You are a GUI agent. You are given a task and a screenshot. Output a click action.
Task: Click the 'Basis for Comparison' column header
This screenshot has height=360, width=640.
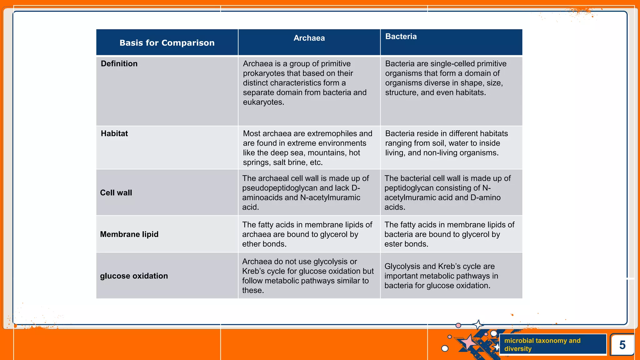(x=167, y=43)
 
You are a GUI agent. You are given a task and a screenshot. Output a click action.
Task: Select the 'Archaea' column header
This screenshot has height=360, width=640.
(x=309, y=38)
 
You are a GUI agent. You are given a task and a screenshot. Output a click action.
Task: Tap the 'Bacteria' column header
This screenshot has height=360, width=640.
(x=401, y=37)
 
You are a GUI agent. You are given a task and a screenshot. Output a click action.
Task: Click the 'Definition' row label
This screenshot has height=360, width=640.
(x=119, y=64)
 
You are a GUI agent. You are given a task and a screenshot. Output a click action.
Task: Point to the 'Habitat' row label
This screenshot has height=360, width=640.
(x=114, y=134)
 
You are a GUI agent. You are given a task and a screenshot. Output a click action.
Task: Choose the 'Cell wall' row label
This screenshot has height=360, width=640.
(x=116, y=193)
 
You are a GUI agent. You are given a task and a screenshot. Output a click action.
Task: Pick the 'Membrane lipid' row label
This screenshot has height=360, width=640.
(x=129, y=234)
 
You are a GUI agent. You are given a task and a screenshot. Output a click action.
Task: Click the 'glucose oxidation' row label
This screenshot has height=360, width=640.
(x=134, y=276)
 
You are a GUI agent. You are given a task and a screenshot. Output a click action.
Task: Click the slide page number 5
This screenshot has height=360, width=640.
(x=622, y=345)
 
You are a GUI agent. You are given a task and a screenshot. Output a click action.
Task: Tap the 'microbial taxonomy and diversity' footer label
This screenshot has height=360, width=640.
(x=542, y=344)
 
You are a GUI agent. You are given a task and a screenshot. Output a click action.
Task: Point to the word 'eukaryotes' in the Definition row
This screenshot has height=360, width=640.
(x=263, y=102)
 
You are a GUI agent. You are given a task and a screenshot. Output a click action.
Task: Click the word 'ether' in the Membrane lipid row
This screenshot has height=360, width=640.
(x=251, y=244)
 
